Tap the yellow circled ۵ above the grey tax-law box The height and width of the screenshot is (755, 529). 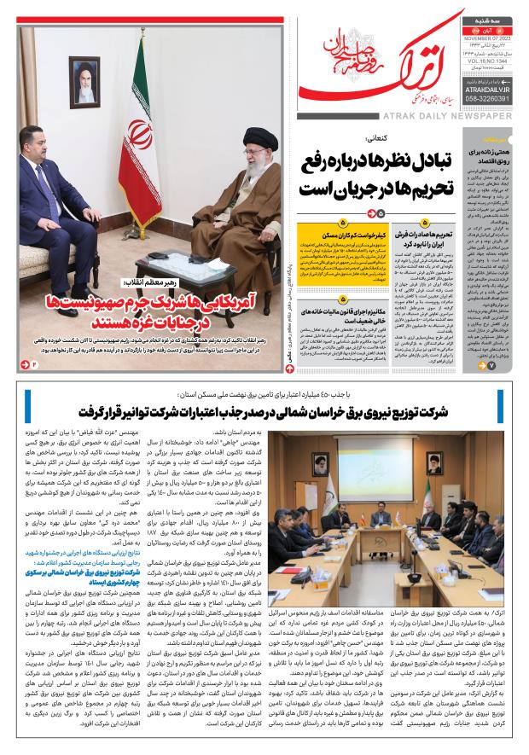click(341, 299)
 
